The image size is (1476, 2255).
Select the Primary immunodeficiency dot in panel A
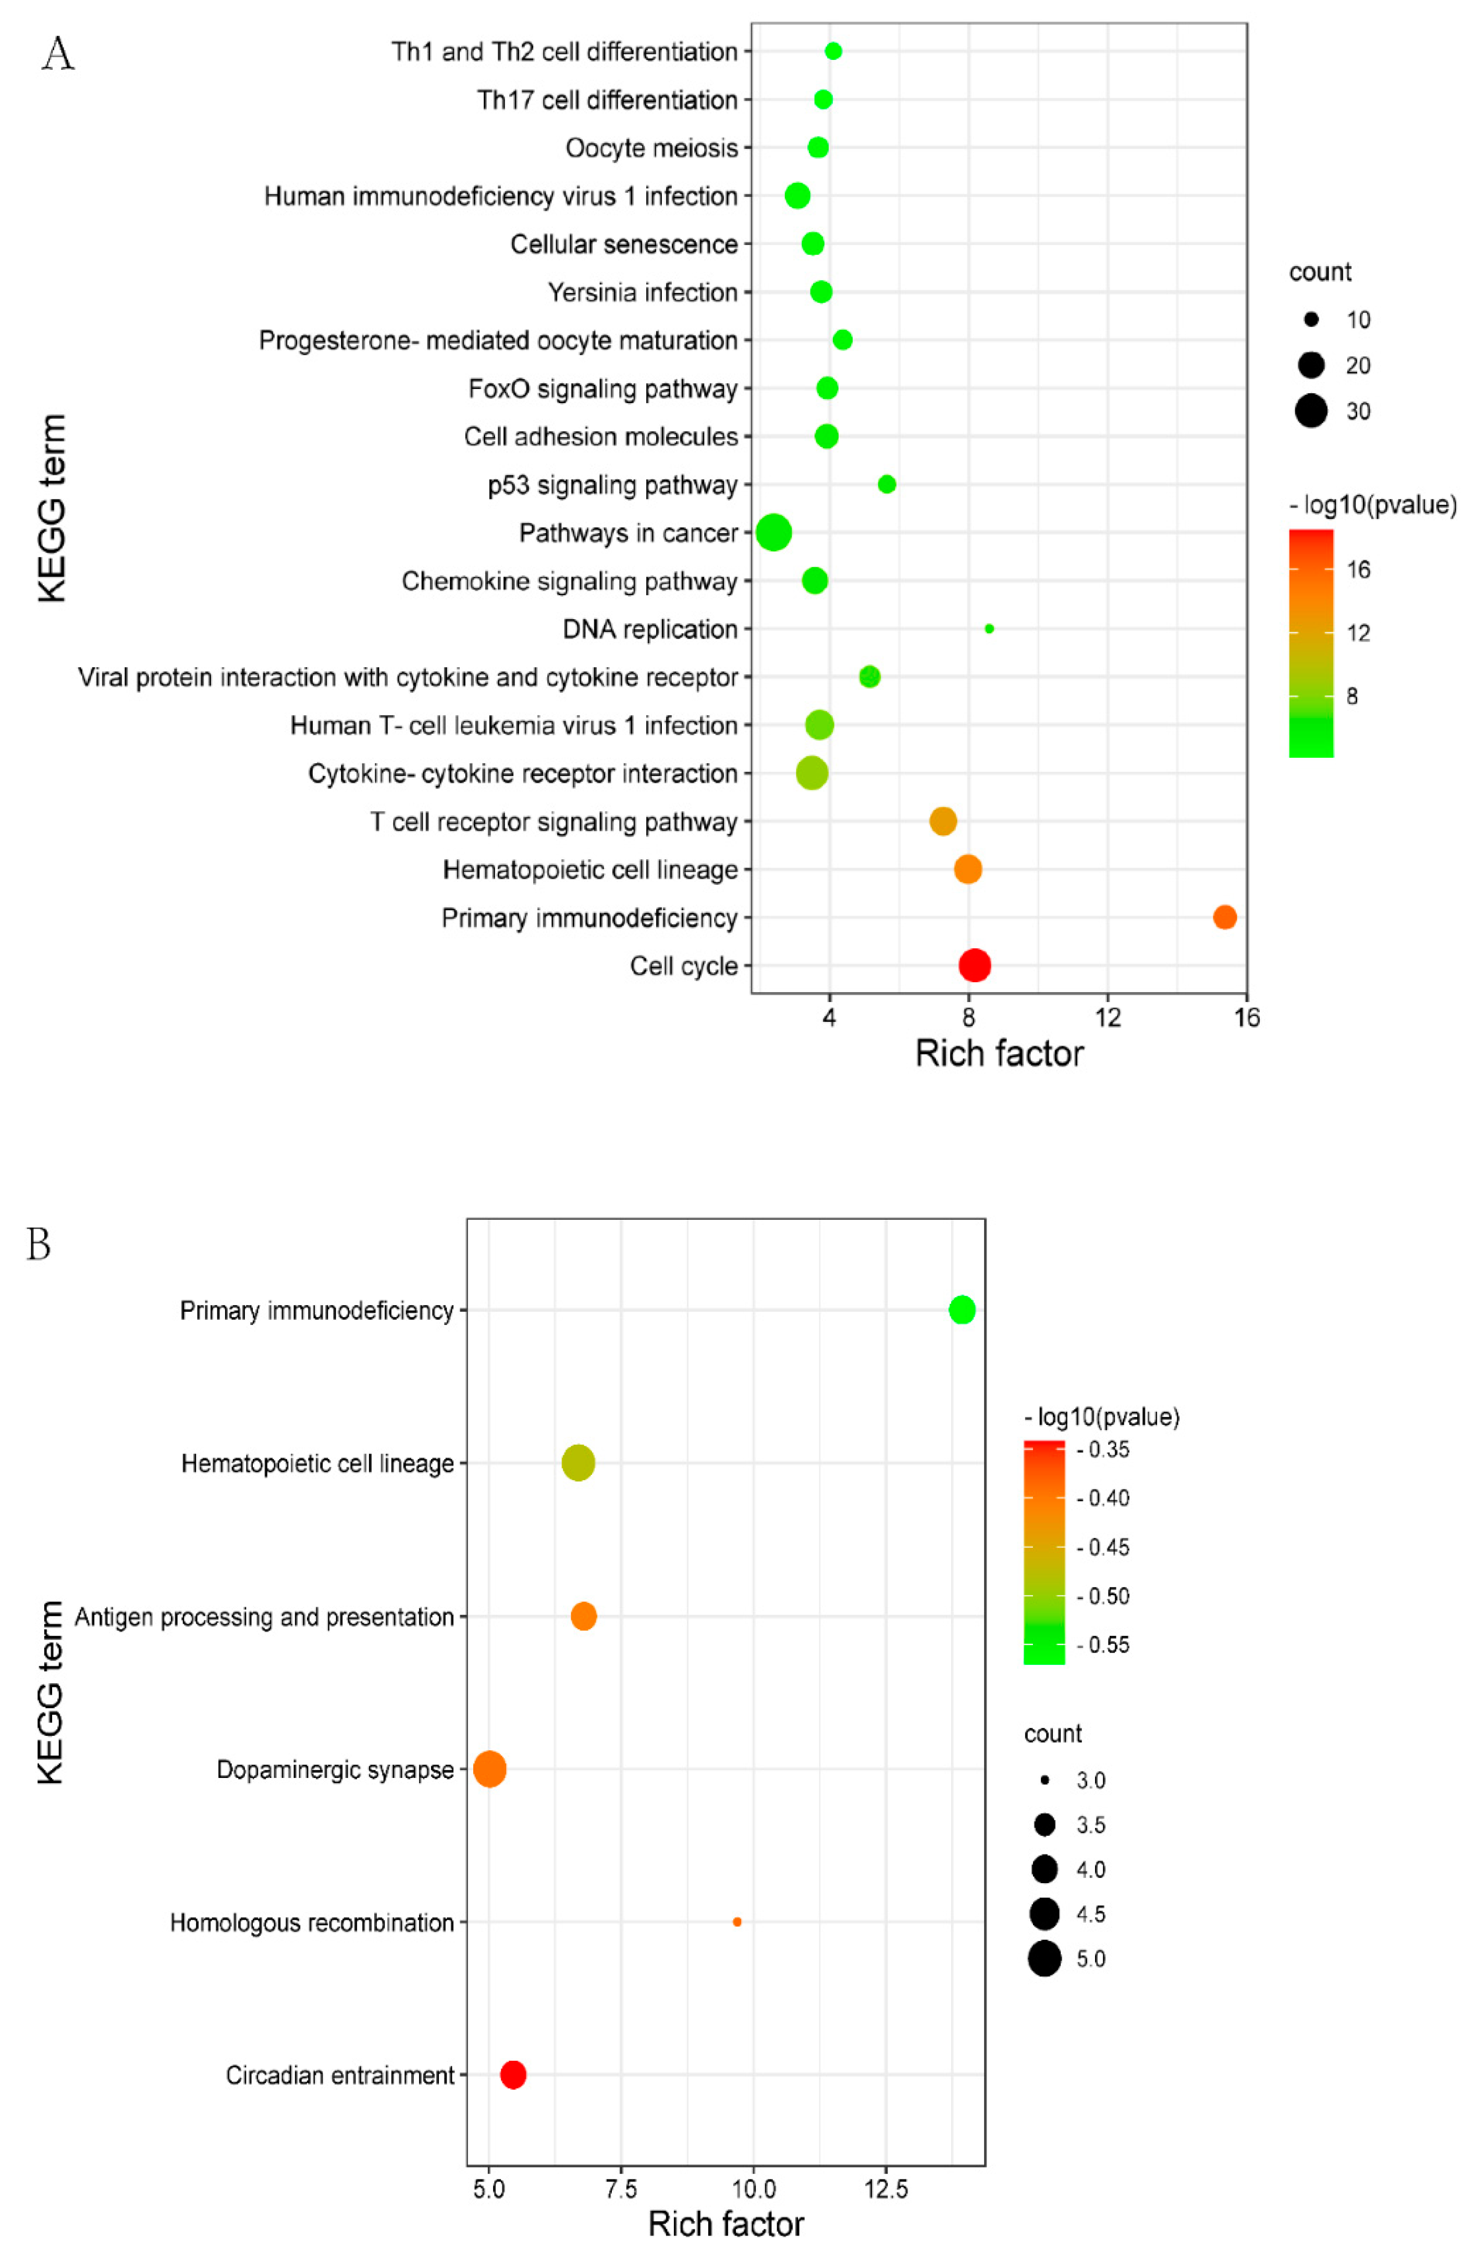[x=1224, y=917]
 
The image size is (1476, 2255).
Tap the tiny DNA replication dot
[x=989, y=628]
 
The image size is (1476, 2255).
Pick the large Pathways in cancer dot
[x=773, y=532]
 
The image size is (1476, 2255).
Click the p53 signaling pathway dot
[x=887, y=484]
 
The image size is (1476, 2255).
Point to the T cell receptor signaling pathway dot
[x=942, y=821]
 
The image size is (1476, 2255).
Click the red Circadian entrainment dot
[x=513, y=2074]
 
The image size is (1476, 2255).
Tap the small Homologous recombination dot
[x=736, y=1922]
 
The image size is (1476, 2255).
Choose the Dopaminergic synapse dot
[x=489, y=1769]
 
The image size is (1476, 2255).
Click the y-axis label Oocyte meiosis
[x=651, y=148]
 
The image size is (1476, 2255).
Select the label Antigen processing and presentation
[x=264, y=1617]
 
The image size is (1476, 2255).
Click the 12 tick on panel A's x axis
[x=1107, y=1018]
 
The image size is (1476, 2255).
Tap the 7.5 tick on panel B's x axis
[x=621, y=2189]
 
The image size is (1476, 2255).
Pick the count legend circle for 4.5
[x=1044, y=1914]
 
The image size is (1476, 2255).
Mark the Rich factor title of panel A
[x=998, y=1054]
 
